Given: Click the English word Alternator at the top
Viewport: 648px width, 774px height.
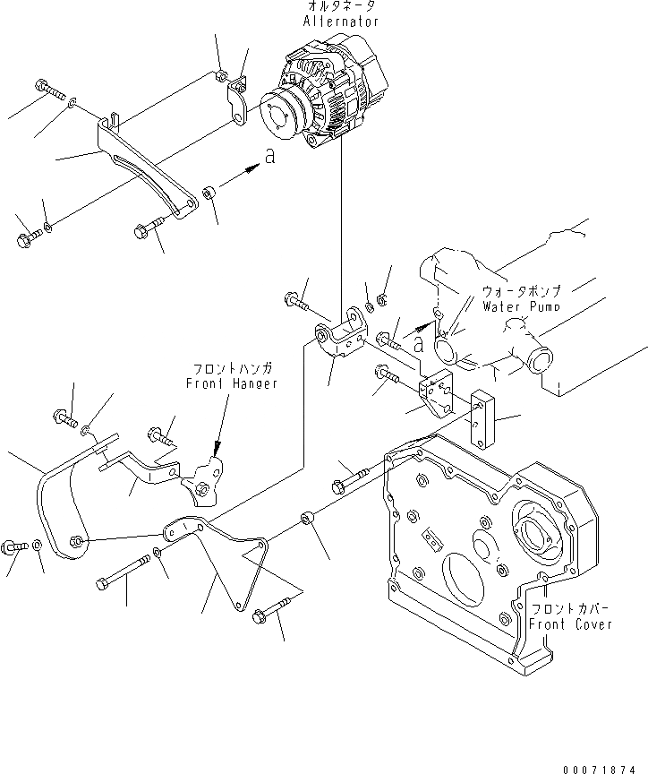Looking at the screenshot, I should [x=340, y=21].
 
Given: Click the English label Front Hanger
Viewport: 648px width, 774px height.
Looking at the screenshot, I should [x=232, y=383].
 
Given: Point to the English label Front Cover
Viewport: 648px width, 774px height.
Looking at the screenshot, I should [x=569, y=623].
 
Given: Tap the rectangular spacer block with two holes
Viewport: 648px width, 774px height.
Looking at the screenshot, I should [x=483, y=421].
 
